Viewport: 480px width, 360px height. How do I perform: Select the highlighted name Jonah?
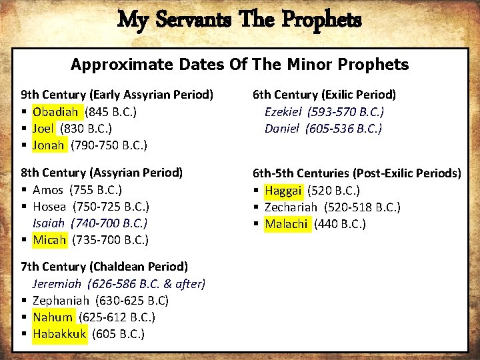[x=49, y=145]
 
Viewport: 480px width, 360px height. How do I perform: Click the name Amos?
[x=47, y=190]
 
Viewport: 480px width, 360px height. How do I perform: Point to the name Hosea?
[x=49, y=207]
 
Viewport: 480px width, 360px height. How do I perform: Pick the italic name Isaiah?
[x=49, y=223]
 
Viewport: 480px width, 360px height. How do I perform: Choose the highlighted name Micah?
[x=49, y=240]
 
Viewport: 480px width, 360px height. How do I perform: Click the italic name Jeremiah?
[x=59, y=284]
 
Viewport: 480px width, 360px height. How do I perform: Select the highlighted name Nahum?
[x=52, y=317]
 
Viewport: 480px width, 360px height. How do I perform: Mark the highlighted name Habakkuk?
[x=59, y=334]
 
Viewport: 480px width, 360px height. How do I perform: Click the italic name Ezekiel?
[x=283, y=111]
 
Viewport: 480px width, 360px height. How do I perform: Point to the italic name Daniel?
[x=281, y=128]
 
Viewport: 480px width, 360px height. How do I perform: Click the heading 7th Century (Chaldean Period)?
[x=105, y=267]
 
